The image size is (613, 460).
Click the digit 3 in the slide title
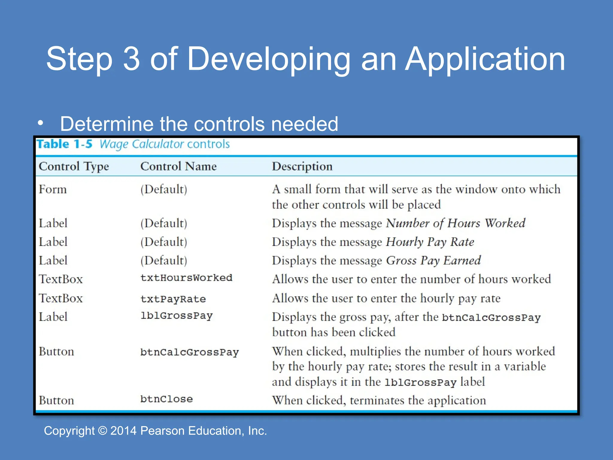click(x=131, y=59)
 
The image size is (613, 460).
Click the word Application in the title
click(x=485, y=59)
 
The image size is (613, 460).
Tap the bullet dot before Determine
click(x=41, y=123)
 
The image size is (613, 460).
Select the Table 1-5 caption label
click(x=64, y=144)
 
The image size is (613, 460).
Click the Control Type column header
click(x=74, y=166)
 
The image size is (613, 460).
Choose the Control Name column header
click(x=178, y=166)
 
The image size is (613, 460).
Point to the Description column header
click(x=302, y=166)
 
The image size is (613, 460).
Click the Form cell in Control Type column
click(x=53, y=189)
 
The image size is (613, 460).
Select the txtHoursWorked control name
click(x=186, y=278)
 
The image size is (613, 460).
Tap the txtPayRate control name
click(x=173, y=299)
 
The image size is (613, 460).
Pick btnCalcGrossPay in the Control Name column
click(x=189, y=352)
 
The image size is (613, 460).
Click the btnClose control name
click(x=166, y=399)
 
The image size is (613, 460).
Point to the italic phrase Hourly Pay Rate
click(x=430, y=242)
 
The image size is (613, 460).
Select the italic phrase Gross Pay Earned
click(x=433, y=261)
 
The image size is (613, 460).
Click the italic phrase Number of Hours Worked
click(x=455, y=223)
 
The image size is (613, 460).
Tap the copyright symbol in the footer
click(x=102, y=431)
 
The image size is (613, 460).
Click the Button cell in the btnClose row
click(x=56, y=400)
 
